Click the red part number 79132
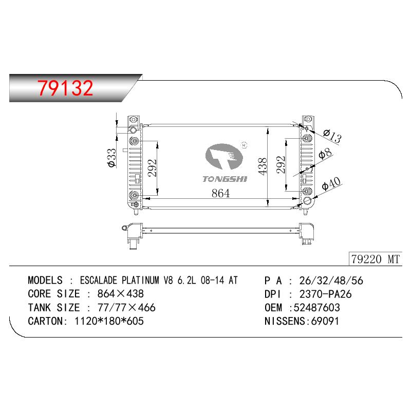(65, 88)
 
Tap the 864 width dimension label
(220, 193)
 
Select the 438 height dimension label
(262, 166)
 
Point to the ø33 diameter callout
(111, 158)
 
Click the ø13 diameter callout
(332, 136)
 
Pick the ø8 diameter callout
(325, 154)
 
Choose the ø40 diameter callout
(331, 183)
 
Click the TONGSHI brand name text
(225, 179)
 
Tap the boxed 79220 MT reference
(375, 259)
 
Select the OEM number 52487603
(316, 307)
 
